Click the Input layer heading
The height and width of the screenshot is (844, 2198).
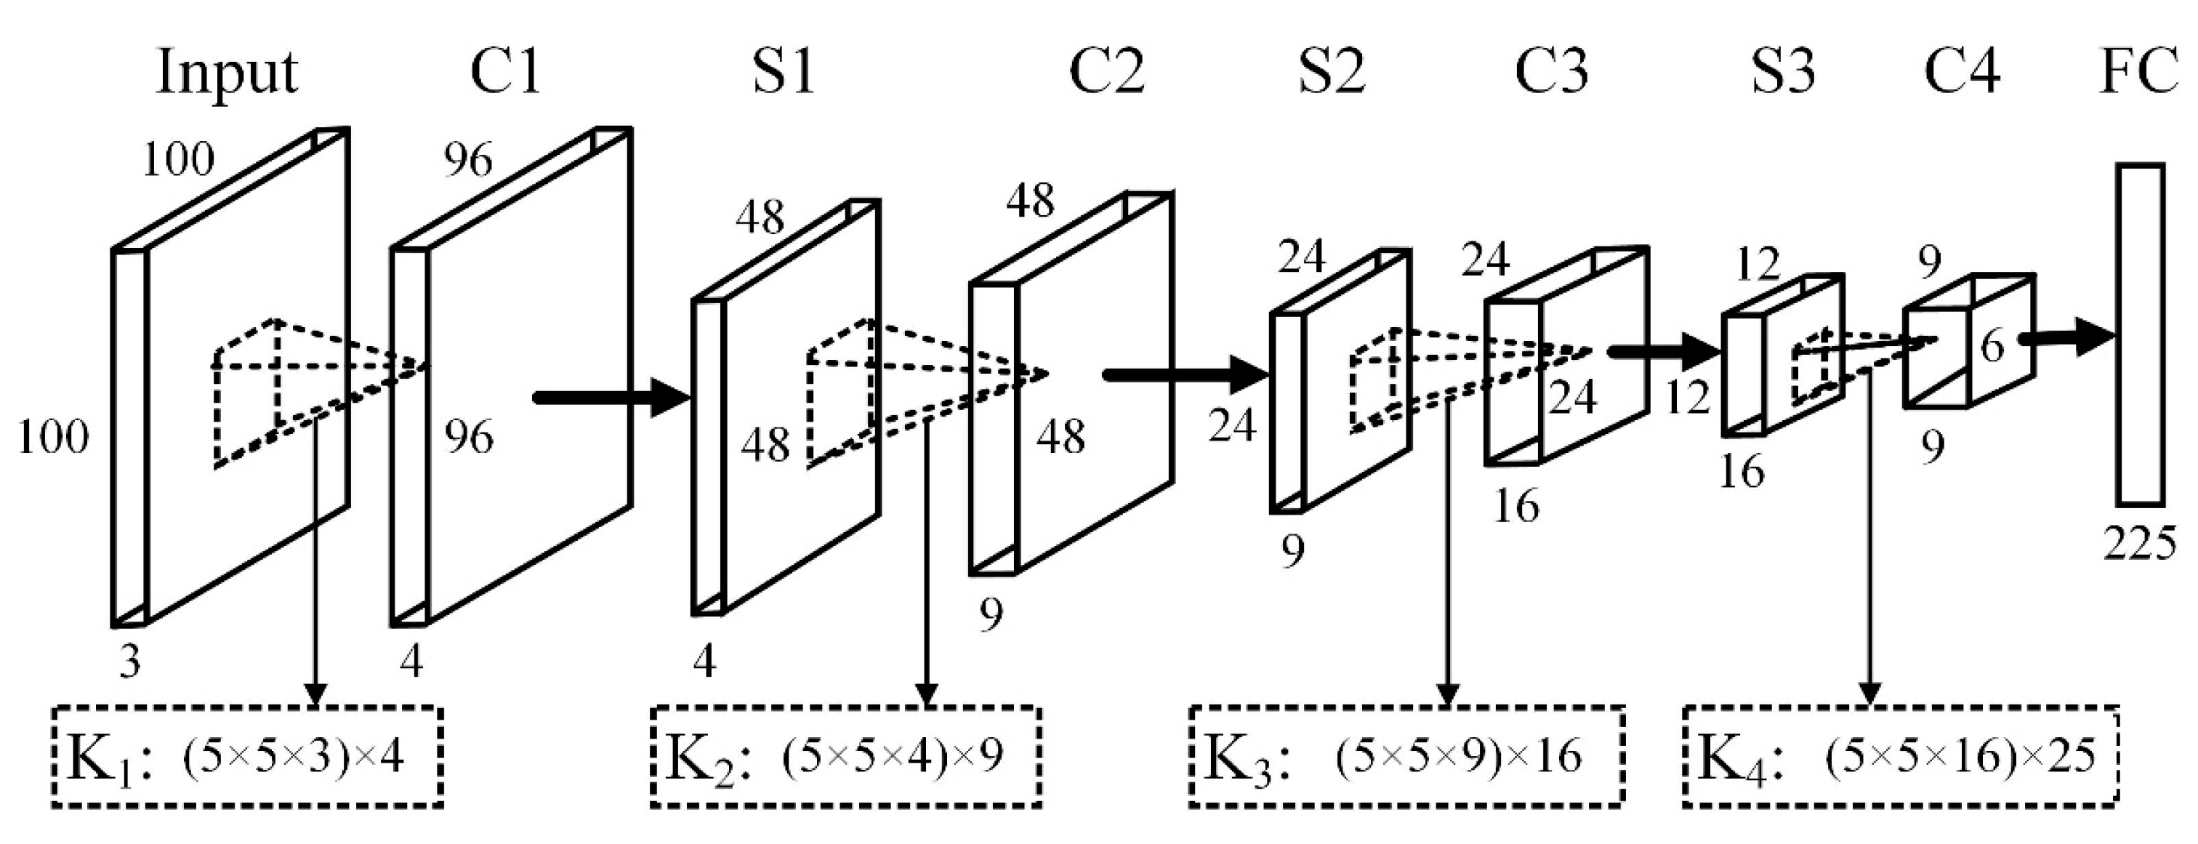coord(227,73)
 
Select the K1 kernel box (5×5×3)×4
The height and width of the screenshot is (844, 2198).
coord(247,756)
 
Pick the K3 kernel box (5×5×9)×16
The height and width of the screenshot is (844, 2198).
coord(1406,756)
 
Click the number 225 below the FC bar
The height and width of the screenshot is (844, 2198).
coord(2140,543)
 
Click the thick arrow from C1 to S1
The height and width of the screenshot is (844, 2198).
coord(610,398)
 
